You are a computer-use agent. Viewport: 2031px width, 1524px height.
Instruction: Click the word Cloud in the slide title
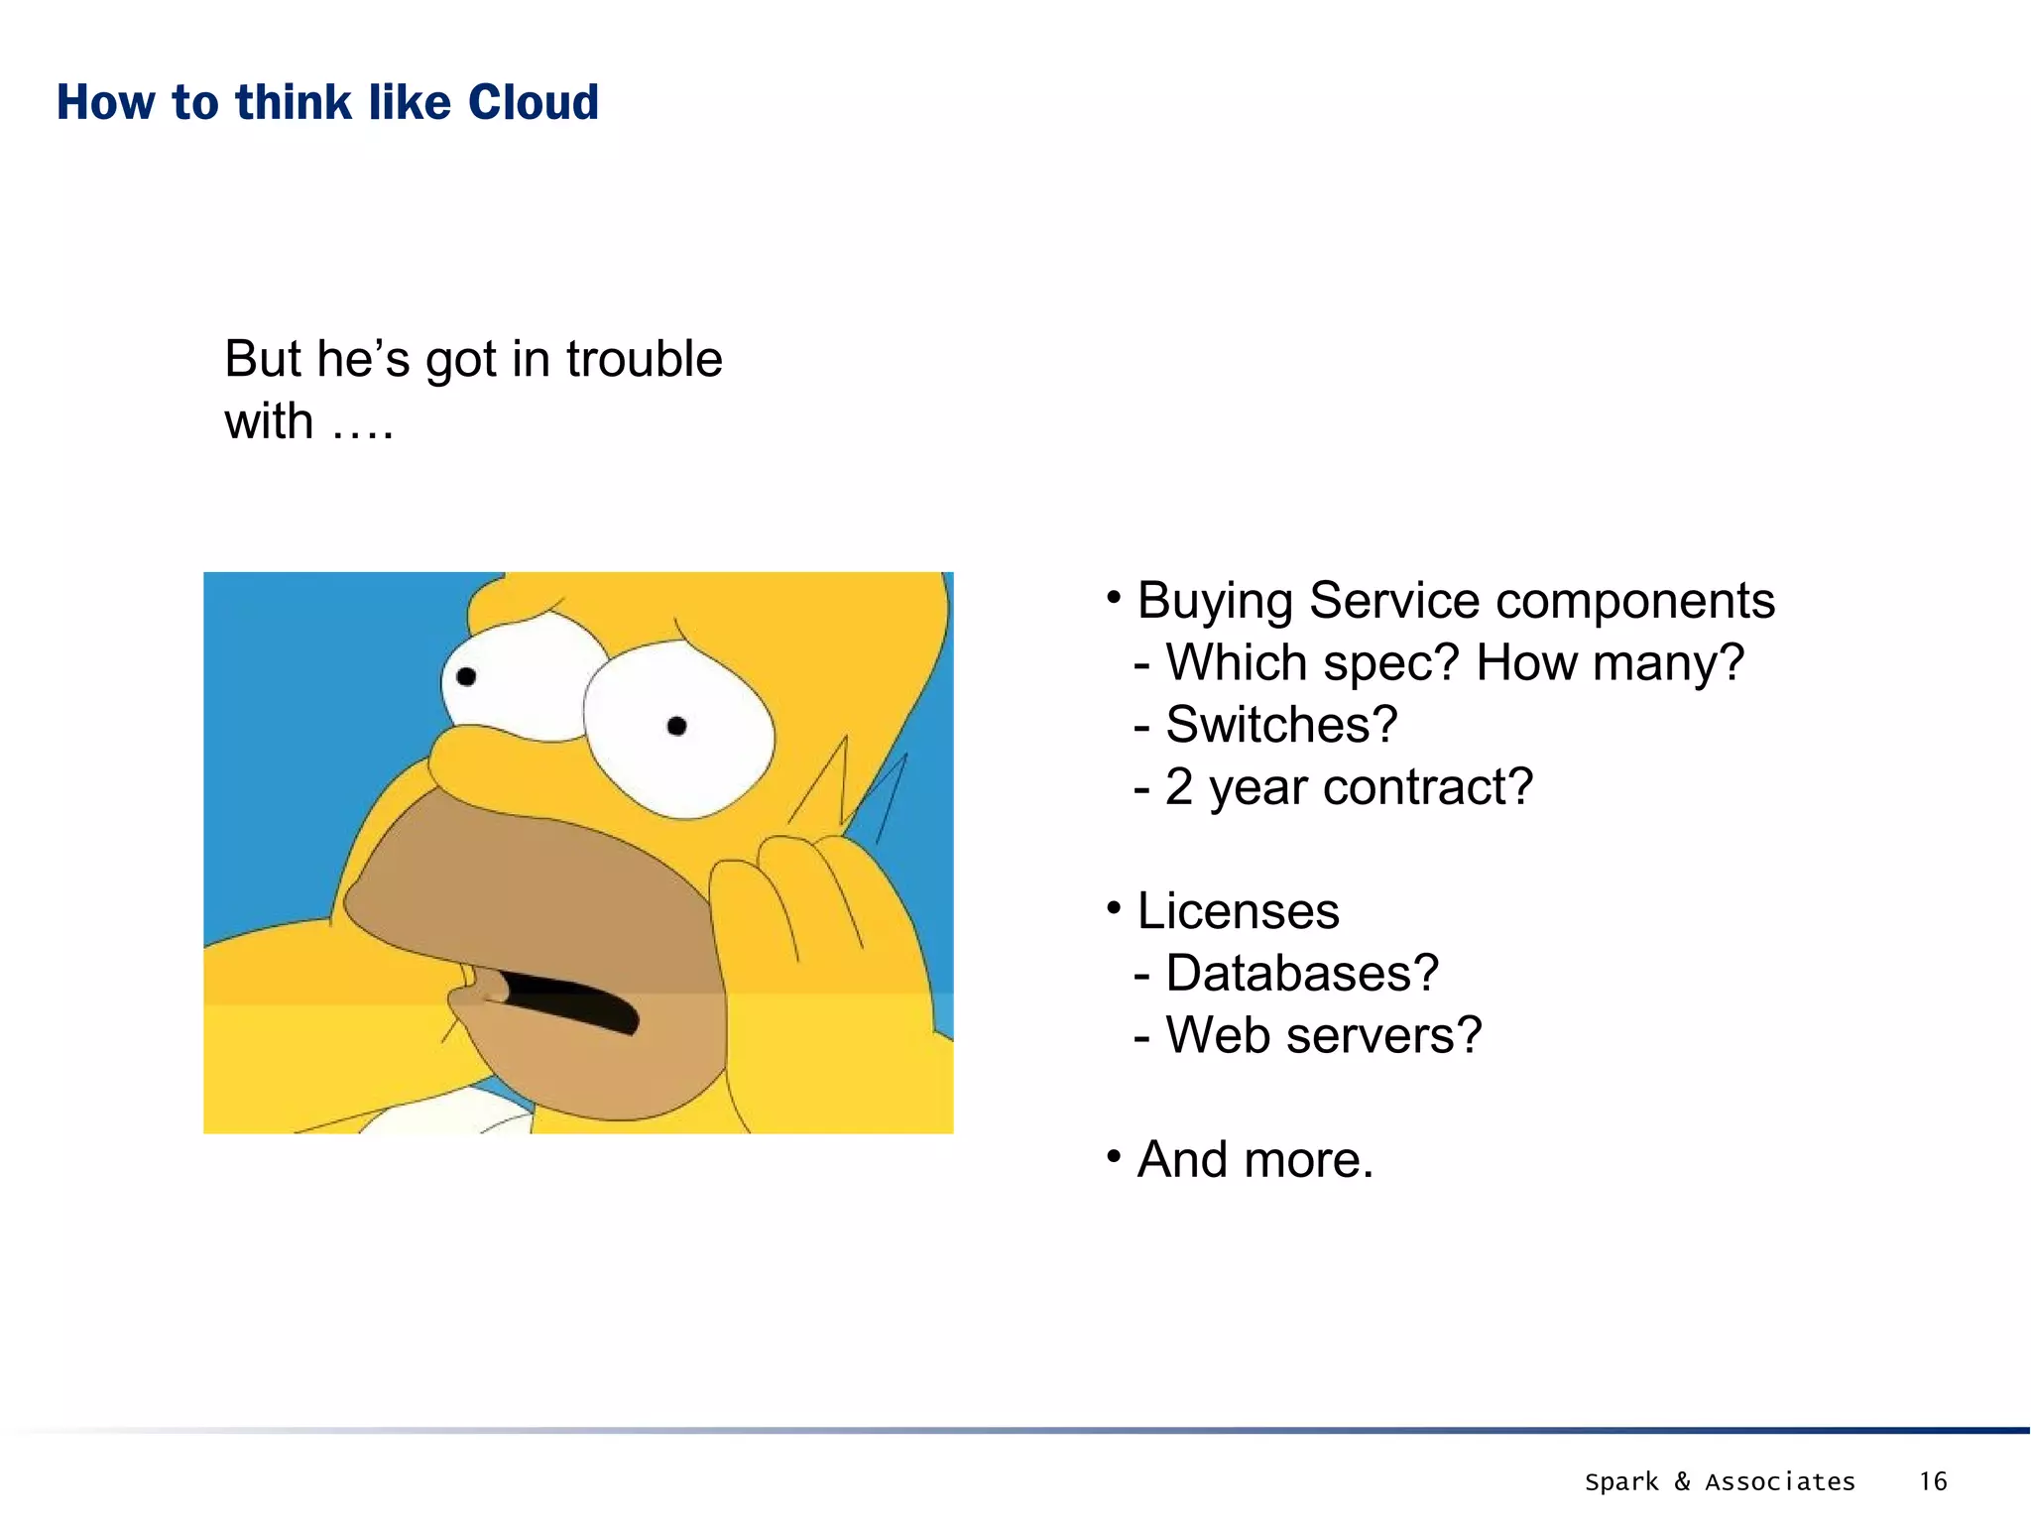pos(533,102)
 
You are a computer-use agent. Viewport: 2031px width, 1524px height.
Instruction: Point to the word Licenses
pos(1238,911)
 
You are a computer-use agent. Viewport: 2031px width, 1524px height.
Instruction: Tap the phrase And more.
pos(1254,1159)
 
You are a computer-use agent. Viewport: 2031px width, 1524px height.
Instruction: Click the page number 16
pos(1932,1481)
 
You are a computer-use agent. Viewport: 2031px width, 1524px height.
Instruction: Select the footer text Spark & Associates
pos(1720,1481)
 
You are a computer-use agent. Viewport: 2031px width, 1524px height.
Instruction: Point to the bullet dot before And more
pos(1114,1156)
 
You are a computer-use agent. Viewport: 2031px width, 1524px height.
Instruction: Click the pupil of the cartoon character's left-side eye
pos(466,677)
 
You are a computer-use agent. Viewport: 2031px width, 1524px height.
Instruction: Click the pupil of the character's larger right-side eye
pos(677,727)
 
